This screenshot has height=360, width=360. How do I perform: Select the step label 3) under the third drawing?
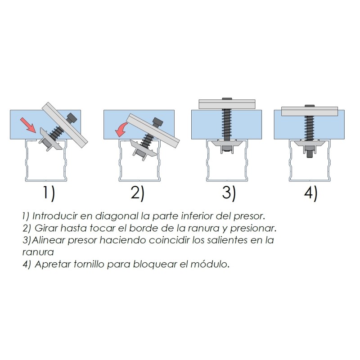tap(229, 193)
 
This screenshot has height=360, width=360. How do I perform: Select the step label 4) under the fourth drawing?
tap(310, 193)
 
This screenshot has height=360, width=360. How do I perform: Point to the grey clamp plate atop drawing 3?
tap(227, 104)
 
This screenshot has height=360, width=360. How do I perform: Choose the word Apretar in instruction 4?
tap(50, 264)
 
